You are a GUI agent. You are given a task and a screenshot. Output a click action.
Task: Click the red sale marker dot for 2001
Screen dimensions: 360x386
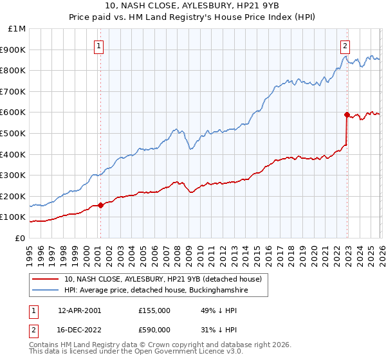coord(100,206)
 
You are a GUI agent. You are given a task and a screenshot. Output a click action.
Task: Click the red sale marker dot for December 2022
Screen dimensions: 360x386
coord(347,115)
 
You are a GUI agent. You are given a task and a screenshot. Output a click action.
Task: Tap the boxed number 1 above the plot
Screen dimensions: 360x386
coord(99,46)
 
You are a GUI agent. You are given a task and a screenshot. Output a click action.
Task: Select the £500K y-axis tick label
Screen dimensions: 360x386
coord(14,133)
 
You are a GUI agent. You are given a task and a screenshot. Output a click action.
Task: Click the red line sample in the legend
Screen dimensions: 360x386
coord(46,280)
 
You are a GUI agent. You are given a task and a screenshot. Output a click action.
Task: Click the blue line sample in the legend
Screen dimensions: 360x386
coord(46,291)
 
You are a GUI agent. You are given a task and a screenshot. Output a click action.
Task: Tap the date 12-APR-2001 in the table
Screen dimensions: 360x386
coord(79,310)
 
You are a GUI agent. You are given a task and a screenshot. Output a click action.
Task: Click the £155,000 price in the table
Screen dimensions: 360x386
coord(154,310)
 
